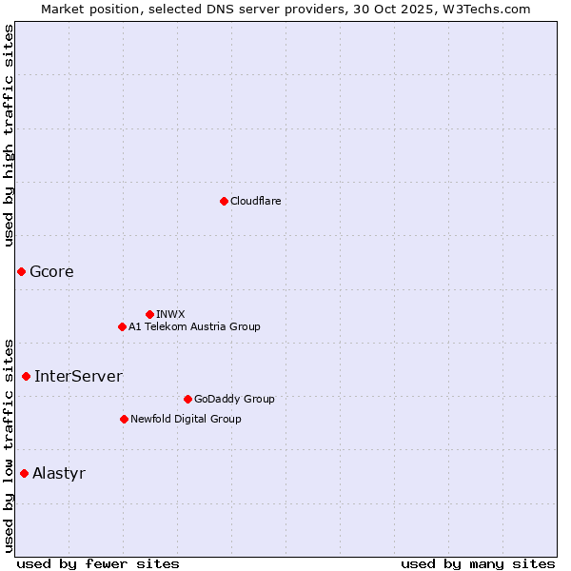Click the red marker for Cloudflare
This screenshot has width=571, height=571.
pyautogui.click(x=224, y=201)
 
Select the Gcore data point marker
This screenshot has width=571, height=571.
pyautogui.click(x=21, y=271)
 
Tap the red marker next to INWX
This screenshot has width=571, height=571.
pyautogui.click(x=149, y=314)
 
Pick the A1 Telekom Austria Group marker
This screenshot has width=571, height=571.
pyautogui.click(x=122, y=326)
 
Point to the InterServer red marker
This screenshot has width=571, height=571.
pyautogui.click(x=26, y=376)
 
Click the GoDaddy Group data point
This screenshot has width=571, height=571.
pyautogui.click(x=187, y=399)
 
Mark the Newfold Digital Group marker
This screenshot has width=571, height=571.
pyautogui.click(x=124, y=419)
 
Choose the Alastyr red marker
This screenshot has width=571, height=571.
pyautogui.click(x=24, y=473)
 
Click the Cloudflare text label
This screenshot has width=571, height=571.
pyautogui.click(x=255, y=201)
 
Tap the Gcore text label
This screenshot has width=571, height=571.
pyautogui.click(x=51, y=271)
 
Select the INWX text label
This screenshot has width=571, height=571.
pyautogui.click(x=170, y=314)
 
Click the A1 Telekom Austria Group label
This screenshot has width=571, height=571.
pyautogui.click(x=194, y=326)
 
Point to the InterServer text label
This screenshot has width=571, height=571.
pyautogui.click(x=78, y=376)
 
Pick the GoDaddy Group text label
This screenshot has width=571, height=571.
pyautogui.click(x=234, y=399)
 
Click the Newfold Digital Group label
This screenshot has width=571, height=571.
pyautogui.click(x=186, y=419)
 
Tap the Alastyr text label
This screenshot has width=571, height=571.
pyautogui.click(x=59, y=473)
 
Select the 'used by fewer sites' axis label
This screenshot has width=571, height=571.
pyautogui.click(x=98, y=563)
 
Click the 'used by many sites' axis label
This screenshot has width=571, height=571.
pyautogui.click(x=478, y=563)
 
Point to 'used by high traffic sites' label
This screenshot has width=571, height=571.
pyautogui.click(x=9, y=135)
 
